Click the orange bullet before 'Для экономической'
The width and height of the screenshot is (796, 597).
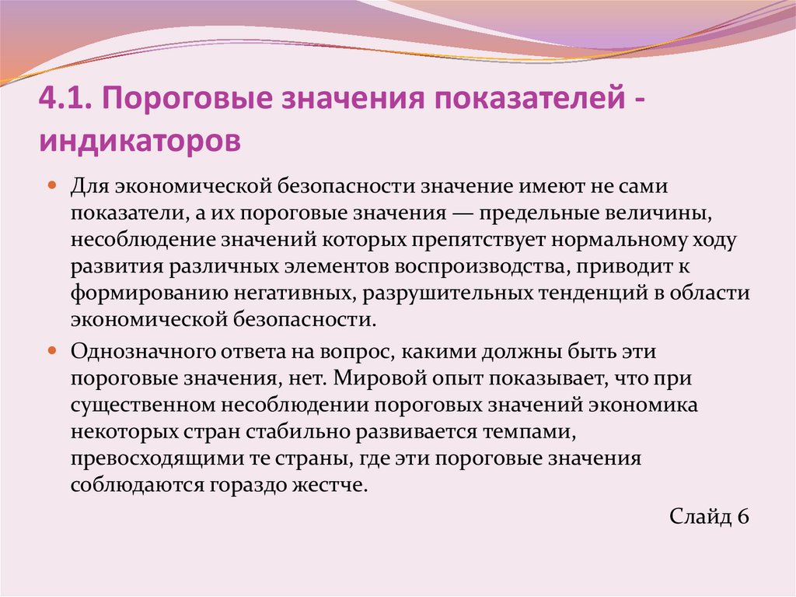click(51, 187)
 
